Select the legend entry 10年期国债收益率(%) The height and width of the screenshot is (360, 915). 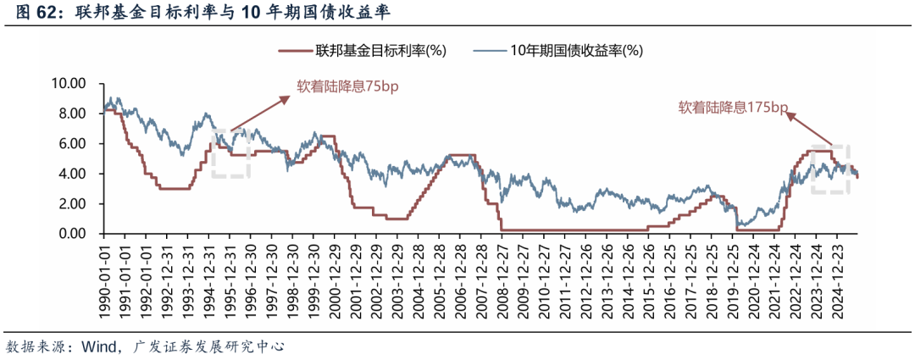(576, 50)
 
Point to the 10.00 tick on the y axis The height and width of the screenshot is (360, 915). (69, 84)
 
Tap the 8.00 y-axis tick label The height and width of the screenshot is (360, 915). (72, 114)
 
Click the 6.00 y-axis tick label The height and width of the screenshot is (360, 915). (72, 144)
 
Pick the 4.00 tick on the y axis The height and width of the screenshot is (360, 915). (72, 174)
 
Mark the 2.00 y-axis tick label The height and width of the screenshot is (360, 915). (72, 204)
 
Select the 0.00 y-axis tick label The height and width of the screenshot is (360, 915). (72, 234)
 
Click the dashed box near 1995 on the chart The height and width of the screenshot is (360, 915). (230, 153)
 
